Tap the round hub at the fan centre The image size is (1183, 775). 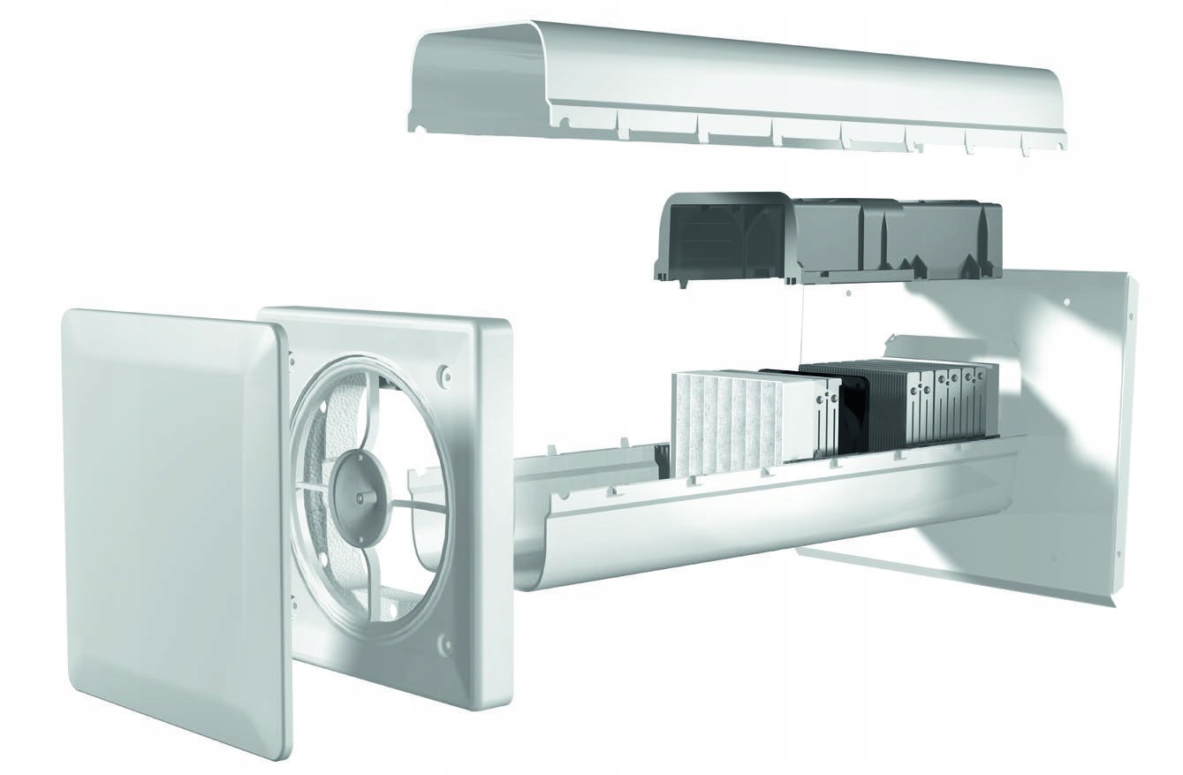(x=358, y=486)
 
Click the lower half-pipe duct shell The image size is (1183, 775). (x=751, y=521)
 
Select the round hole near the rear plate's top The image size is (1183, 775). (x=1067, y=301)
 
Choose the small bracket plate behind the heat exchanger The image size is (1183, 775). (x=919, y=345)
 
